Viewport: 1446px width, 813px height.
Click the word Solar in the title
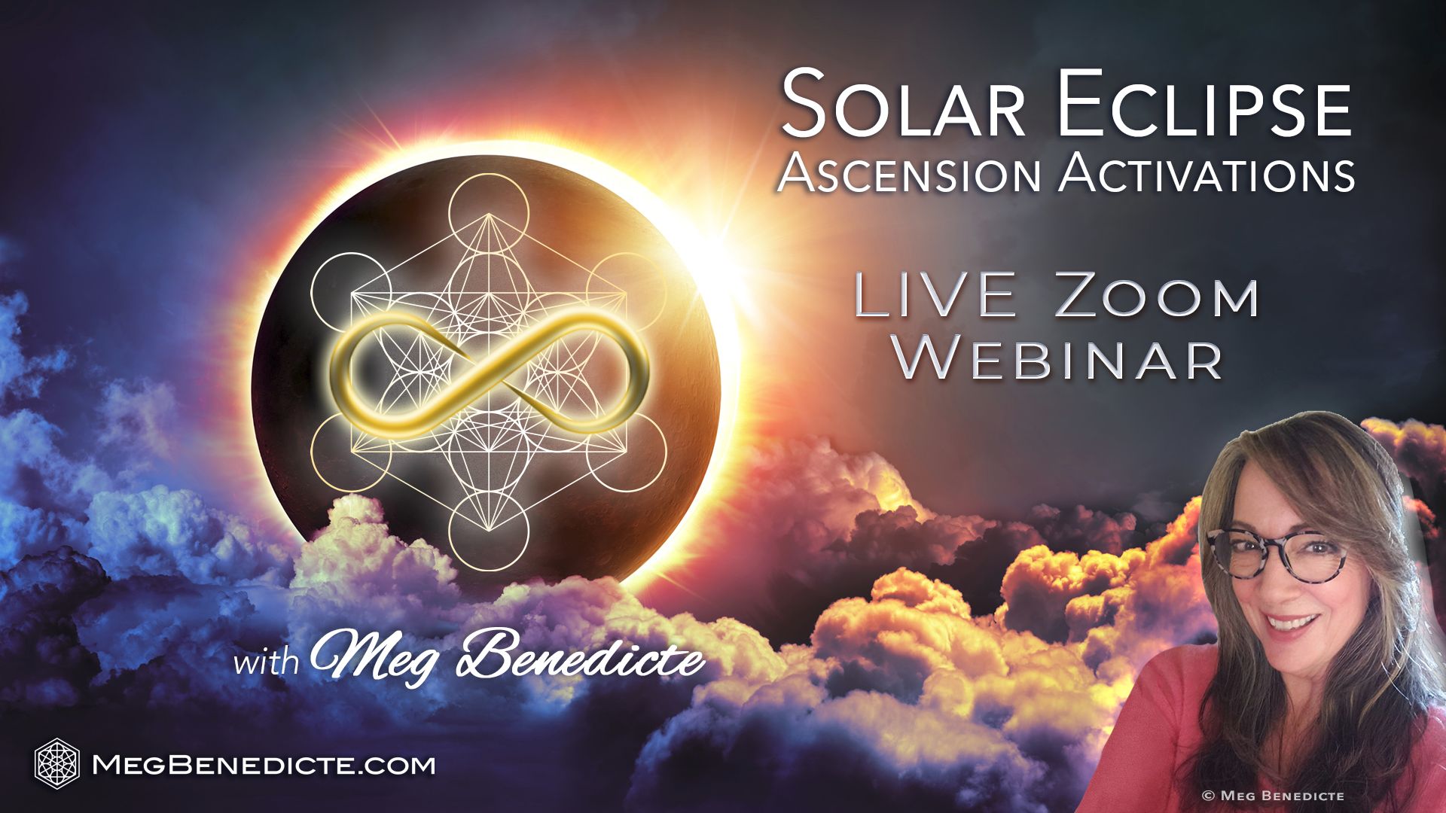pos(902,105)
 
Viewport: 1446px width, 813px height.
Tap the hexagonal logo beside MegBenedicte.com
pos(57,765)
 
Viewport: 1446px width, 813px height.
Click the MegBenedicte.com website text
pos(263,766)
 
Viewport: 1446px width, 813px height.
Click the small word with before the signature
pos(267,662)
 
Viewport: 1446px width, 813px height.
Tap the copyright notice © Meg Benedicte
pos(1274,795)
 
